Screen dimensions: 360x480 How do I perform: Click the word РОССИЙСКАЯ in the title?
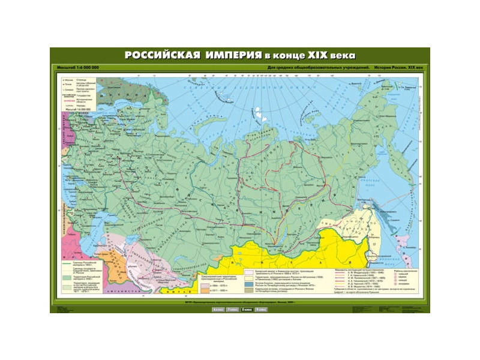click(161, 55)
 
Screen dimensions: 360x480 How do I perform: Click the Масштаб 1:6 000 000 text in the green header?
click(77, 66)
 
